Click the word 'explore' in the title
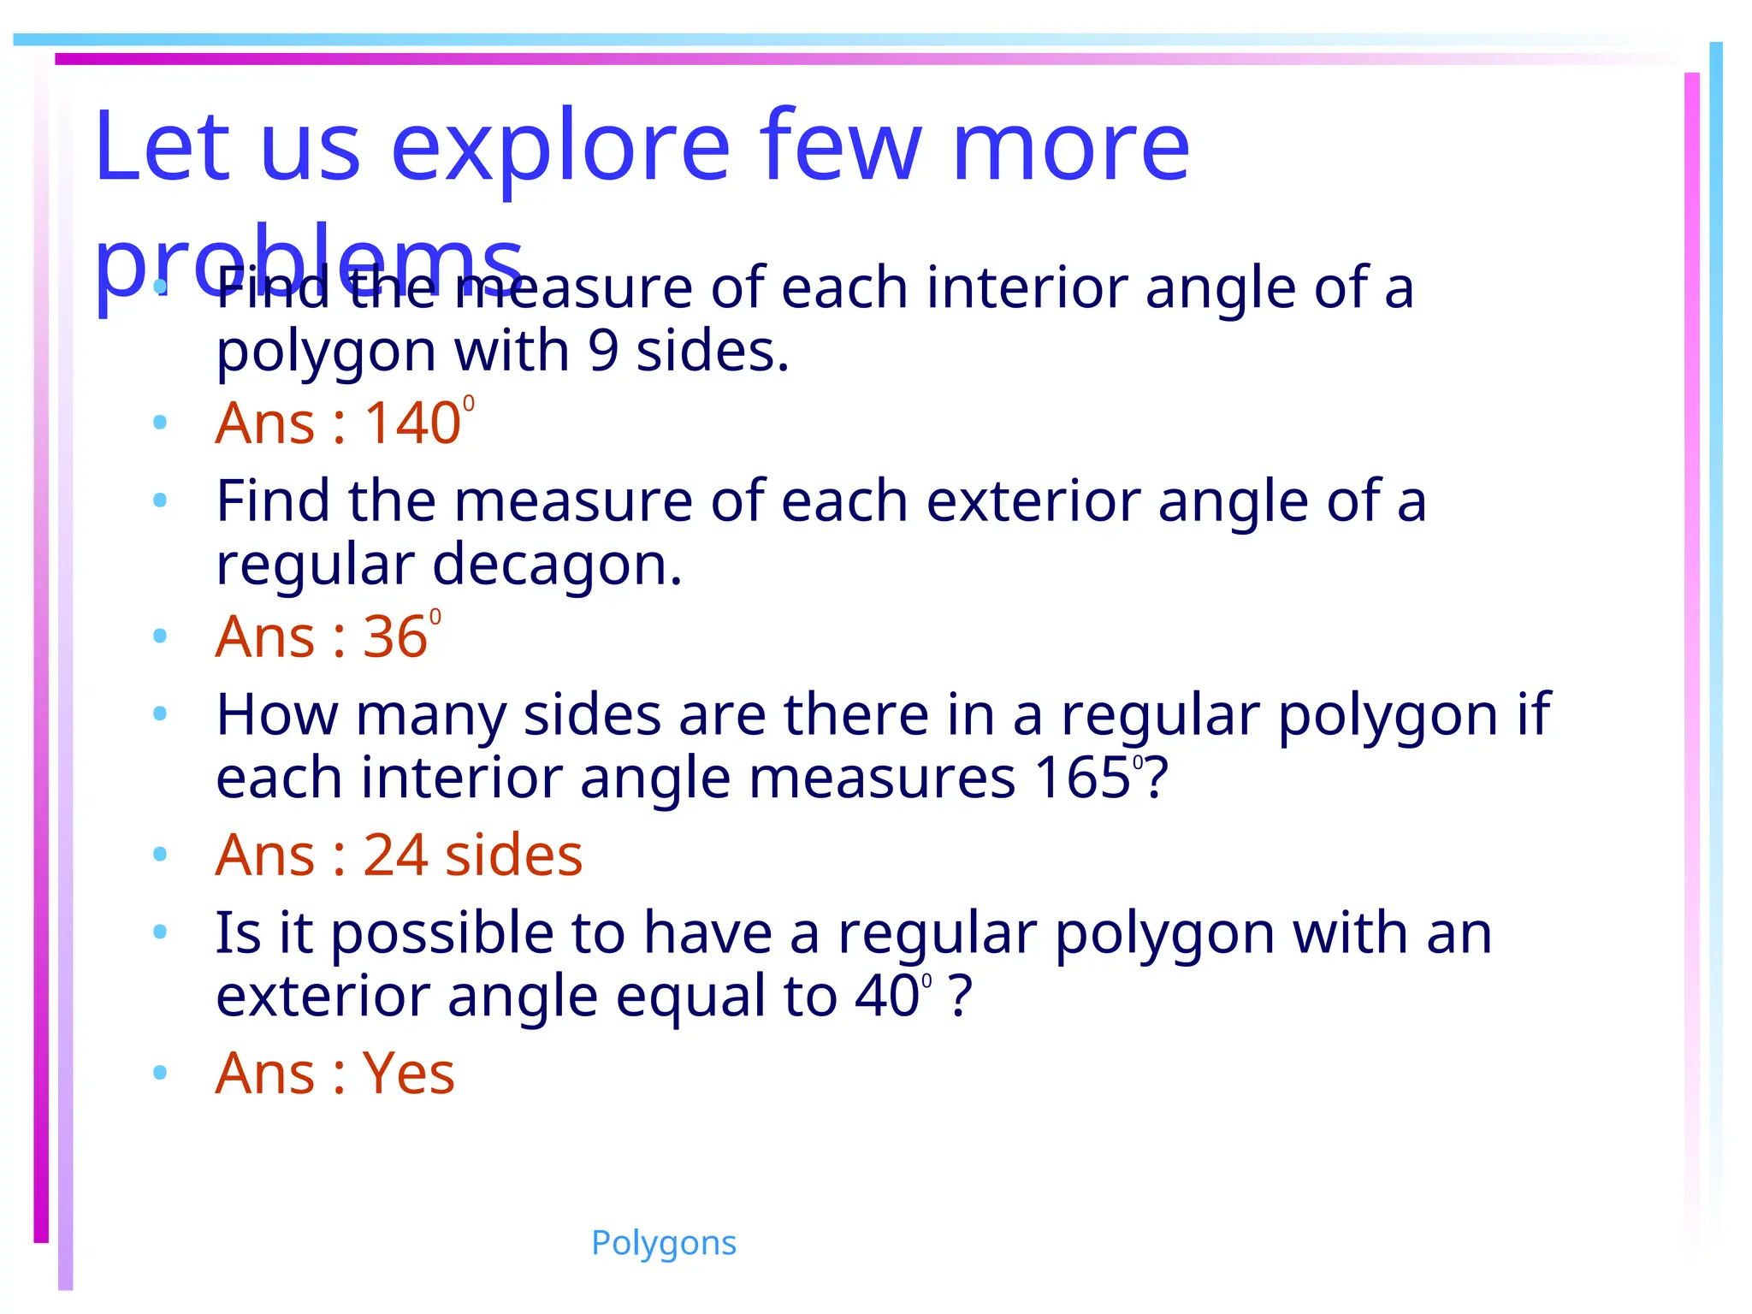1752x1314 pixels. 560,147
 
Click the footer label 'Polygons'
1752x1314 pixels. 663,1243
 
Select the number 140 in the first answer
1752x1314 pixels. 412,423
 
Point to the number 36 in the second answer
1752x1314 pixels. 394,637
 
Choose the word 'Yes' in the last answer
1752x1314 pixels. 408,1074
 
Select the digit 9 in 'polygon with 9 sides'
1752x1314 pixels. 603,352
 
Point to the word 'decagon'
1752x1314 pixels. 557,565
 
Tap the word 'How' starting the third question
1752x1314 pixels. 276,715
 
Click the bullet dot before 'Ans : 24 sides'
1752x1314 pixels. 159,854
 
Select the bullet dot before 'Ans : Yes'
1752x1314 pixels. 159,1072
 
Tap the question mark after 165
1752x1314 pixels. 1157,778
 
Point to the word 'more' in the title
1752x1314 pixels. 1070,147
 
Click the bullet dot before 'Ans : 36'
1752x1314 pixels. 159,636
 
